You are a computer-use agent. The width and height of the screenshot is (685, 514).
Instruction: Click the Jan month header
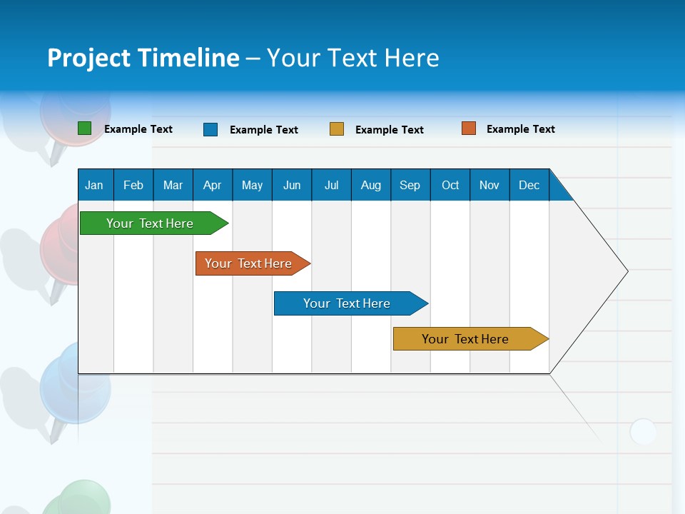[95, 185]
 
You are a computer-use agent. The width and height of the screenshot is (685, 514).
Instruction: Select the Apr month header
[213, 185]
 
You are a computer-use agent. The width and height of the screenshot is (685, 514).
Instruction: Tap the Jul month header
[332, 185]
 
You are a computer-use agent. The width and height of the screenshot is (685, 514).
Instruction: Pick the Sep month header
[410, 185]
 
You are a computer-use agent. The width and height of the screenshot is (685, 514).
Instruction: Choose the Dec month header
[529, 185]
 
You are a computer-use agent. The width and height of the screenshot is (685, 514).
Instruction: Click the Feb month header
[133, 185]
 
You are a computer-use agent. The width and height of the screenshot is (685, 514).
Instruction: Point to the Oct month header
[450, 185]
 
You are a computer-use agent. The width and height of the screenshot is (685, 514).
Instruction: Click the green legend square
[85, 128]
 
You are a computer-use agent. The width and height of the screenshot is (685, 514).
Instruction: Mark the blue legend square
[210, 129]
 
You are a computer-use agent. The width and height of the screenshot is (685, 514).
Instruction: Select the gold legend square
[337, 129]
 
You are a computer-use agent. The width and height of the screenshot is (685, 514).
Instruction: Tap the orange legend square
[469, 128]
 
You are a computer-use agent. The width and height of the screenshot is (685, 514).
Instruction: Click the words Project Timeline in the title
[143, 58]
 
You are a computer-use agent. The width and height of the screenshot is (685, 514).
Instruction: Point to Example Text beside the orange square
[520, 129]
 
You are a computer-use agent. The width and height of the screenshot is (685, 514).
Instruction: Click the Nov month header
[489, 185]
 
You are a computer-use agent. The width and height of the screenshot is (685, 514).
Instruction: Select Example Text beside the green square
[138, 129]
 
